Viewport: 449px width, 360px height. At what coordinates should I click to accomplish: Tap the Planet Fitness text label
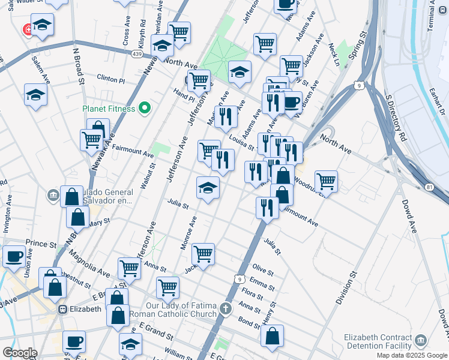click(109, 109)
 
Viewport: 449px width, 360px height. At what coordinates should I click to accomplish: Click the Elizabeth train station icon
click(62, 309)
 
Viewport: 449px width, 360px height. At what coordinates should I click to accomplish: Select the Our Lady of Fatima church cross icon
click(225, 309)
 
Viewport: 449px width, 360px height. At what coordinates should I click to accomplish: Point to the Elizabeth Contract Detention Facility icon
click(420, 341)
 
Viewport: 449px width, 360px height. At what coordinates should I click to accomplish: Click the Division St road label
click(346, 288)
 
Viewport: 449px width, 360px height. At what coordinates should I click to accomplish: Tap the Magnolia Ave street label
click(88, 265)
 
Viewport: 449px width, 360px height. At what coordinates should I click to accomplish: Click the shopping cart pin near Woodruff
click(326, 179)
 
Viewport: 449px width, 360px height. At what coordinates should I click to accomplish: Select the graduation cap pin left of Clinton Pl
click(35, 94)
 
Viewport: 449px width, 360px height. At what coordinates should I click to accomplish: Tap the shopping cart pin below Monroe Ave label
click(203, 254)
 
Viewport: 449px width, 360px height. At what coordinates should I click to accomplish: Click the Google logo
click(20, 353)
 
